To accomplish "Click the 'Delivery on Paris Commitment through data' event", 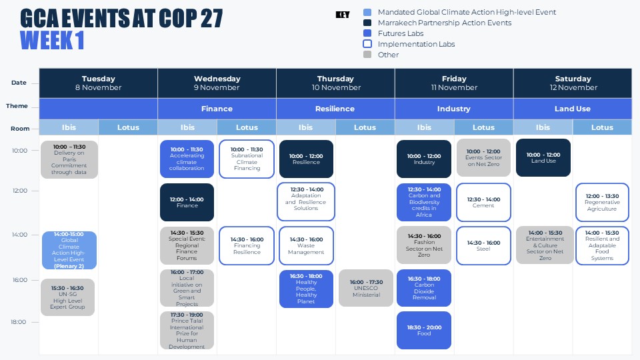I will tap(69, 159).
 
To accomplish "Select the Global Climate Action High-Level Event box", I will tap(69, 251).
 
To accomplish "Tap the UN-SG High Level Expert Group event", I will tap(67, 297).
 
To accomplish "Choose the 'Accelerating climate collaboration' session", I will tap(187, 159).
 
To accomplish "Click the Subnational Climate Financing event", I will tap(247, 159).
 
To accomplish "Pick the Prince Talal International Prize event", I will tap(187, 330).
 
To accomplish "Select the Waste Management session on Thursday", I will tap(306, 245).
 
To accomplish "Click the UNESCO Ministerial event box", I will tap(366, 288).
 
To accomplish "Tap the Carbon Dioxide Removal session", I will tap(424, 288).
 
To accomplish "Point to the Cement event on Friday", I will tap(483, 202).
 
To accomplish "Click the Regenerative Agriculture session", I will tap(602, 202).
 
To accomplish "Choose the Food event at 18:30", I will tap(424, 330).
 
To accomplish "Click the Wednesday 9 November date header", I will tap(217, 83).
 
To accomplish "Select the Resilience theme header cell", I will tap(335, 109).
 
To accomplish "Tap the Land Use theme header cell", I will tap(573, 109).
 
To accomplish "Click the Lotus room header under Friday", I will tap(483, 127).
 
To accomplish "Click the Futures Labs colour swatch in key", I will tap(367, 33).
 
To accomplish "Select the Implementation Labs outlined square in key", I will tap(367, 44).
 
